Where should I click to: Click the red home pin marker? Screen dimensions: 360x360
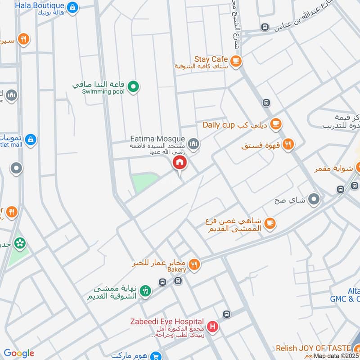(180, 163)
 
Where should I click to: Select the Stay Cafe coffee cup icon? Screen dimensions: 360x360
(235, 60)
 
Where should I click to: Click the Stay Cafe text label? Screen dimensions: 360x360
(211, 59)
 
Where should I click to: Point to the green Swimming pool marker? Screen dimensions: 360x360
(133, 87)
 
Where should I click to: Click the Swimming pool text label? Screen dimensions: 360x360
(103, 91)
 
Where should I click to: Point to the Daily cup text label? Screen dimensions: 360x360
(219, 125)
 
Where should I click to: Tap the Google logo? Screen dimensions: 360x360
(19, 353)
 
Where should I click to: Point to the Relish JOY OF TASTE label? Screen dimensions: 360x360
(313, 348)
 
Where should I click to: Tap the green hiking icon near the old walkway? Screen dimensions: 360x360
(145, 291)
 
